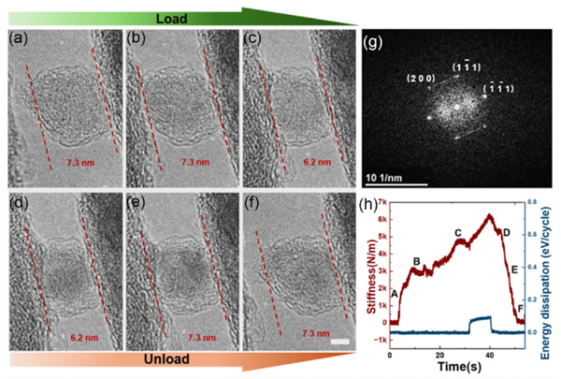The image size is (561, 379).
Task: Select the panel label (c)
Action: [x=254, y=39]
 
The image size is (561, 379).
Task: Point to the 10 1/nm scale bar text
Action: [x=388, y=177]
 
